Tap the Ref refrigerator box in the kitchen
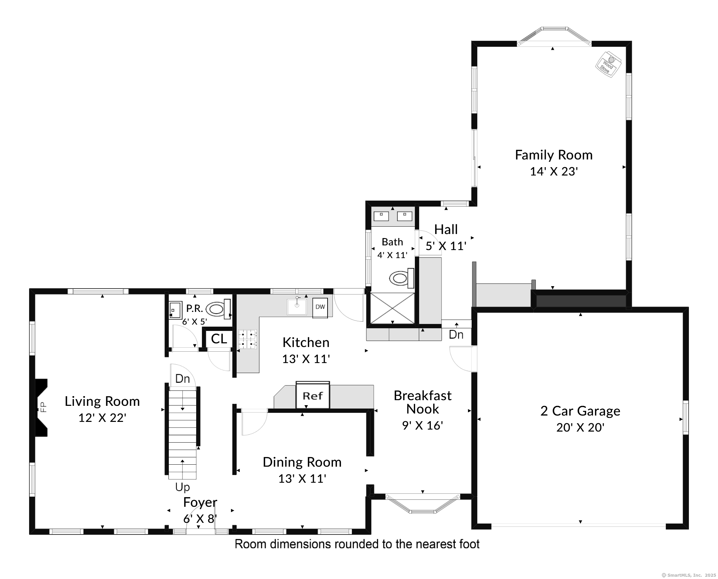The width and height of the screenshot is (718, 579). click(313, 395)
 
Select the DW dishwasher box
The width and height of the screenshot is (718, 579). click(320, 307)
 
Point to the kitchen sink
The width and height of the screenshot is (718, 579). click(297, 307)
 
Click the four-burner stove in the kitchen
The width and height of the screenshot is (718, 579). click(247, 339)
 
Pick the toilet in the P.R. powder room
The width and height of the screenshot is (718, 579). click(218, 309)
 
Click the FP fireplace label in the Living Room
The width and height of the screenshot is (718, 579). click(43, 407)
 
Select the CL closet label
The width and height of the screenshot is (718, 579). click(219, 339)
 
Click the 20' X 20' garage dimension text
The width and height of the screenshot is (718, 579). click(580, 427)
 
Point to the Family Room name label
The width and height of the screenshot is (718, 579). click(554, 155)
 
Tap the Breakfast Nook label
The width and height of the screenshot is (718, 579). click(423, 402)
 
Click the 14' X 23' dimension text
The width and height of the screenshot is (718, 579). click(554, 171)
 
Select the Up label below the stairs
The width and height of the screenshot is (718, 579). click(183, 487)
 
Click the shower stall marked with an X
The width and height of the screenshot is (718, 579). click(392, 308)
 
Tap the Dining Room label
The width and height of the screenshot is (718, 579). click(302, 462)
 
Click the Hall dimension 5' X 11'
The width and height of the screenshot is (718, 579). click(446, 246)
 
